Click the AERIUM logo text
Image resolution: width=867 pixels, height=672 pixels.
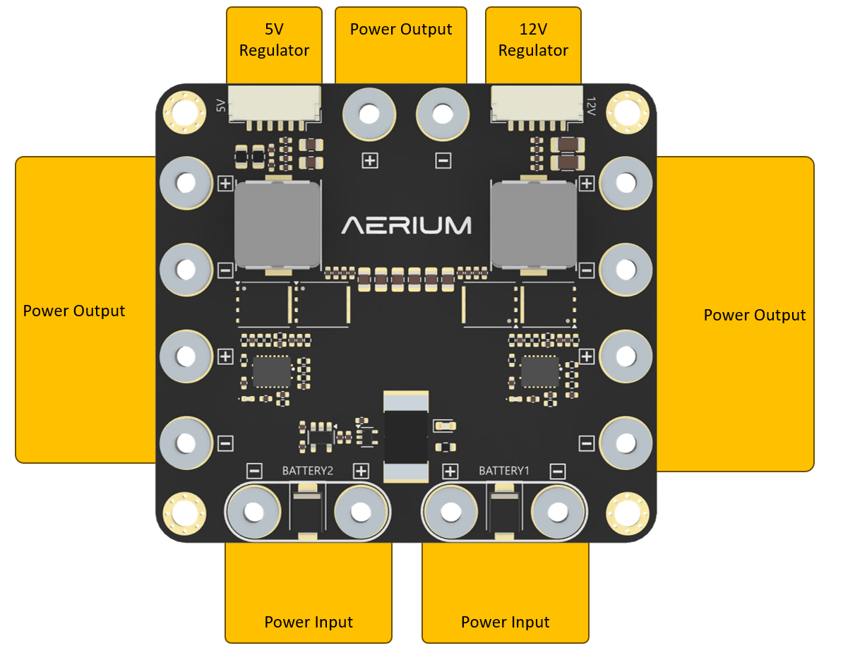pyautogui.click(x=406, y=225)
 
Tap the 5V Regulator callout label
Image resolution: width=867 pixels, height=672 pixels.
pyautogui.click(x=274, y=40)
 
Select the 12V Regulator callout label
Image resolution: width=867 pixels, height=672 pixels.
pyautogui.click(x=533, y=40)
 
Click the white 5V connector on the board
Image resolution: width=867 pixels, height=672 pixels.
pyautogui.click(x=274, y=104)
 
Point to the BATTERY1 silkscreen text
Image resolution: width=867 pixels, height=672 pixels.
pyautogui.click(x=503, y=470)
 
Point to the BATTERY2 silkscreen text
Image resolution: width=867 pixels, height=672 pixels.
pyautogui.click(x=307, y=470)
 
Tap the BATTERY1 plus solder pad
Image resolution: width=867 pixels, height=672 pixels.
pyautogui.click(x=450, y=511)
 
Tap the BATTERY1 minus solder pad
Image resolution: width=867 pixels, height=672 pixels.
pyautogui.click(x=558, y=511)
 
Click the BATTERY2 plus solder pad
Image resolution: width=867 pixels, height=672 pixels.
pyautogui.click(x=360, y=511)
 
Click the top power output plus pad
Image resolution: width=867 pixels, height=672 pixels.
pyautogui.click(x=369, y=114)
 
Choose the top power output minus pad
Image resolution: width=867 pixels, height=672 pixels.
pyautogui.click(x=443, y=114)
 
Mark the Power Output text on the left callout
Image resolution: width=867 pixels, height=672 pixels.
pyautogui.click(x=74, y=311)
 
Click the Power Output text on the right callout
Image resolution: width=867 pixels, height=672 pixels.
pyautogui.click(x=754, y=315)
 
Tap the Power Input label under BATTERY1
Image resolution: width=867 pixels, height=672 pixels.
pyautogui.click(x=505, y=622)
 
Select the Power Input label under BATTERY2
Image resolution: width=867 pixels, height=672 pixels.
pyautogui.click(x=309, y=622)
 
